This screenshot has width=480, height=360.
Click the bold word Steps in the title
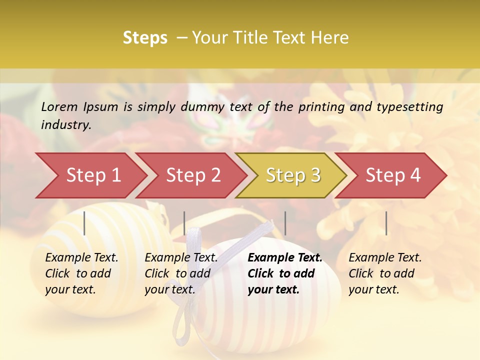pos(145,38)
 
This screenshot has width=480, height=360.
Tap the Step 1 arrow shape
pos(93,175)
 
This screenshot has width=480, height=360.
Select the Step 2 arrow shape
pos(193,175)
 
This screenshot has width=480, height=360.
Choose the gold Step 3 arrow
pos(293,175)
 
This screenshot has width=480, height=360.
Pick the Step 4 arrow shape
pos(393,175)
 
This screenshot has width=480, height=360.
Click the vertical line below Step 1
pos(84,223)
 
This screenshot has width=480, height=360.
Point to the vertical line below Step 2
pos(184,223)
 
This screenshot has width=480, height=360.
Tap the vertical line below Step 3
pos(285,223)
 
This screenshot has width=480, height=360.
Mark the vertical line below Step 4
pos(386,223)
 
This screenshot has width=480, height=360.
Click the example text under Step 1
pos(81,273)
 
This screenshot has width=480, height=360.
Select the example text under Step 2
pos(181,273)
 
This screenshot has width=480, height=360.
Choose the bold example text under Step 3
pos(285,273)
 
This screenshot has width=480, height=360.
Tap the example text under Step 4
pos(385,273)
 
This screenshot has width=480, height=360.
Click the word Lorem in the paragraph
pos(59,107)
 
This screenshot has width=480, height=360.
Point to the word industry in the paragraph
pos(66,125)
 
